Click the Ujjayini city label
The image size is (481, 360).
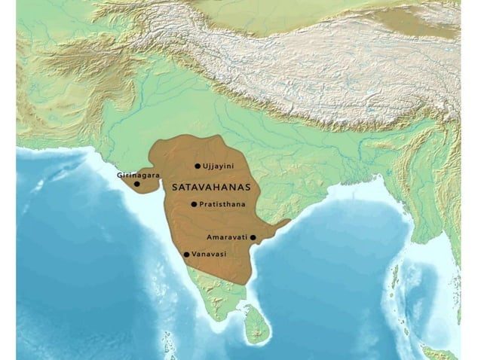pyautogui.click(x=219, y=166)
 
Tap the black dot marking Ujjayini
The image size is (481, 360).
pyautogui.click(x=198, y=166)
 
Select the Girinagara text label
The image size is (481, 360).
pyautogui.click(x=138, y=175)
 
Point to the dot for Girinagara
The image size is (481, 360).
pyautogui.click(x=136, y=184)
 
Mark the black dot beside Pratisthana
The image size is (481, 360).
pyautogui.click(x=194, y=204)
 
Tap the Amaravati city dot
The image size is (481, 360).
pyautogui.click(x=253, y=237)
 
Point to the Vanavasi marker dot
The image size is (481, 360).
pyautogui.click(x=187, y=255)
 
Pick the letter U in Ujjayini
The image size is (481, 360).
pyautogui.click(x=205, y=166)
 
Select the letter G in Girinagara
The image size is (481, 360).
pyautogui.click(x=120, y=175)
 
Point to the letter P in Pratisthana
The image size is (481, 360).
pyautogui.click(x=202, y=204)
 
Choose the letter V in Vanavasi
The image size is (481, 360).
pyautogui.click(x=195, y=255)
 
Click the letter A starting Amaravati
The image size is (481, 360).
pyautogui.click(x=209, y=237)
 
